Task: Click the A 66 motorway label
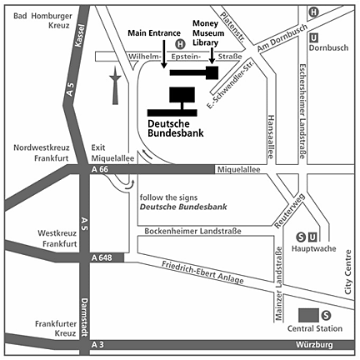point(100,169)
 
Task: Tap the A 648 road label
point(102,257)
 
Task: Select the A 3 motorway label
point(97,345)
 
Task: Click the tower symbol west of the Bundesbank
point(115,86)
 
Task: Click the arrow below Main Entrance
point(164,54)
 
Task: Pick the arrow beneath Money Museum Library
point(212,56)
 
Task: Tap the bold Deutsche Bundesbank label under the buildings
point(176,128)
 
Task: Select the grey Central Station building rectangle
point(308,315)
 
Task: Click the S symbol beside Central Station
point(326,315)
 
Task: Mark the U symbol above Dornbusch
point(313,37)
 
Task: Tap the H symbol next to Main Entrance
point(180,44)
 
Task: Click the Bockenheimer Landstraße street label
point(192,231)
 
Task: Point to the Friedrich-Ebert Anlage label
point(202,272)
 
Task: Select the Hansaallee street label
point(271,137)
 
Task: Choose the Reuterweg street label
point(290,211)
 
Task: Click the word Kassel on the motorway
point(79,36)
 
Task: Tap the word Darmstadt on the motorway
point(84,317)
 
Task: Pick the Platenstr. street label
point(232,27)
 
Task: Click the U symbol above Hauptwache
point(312,237)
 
